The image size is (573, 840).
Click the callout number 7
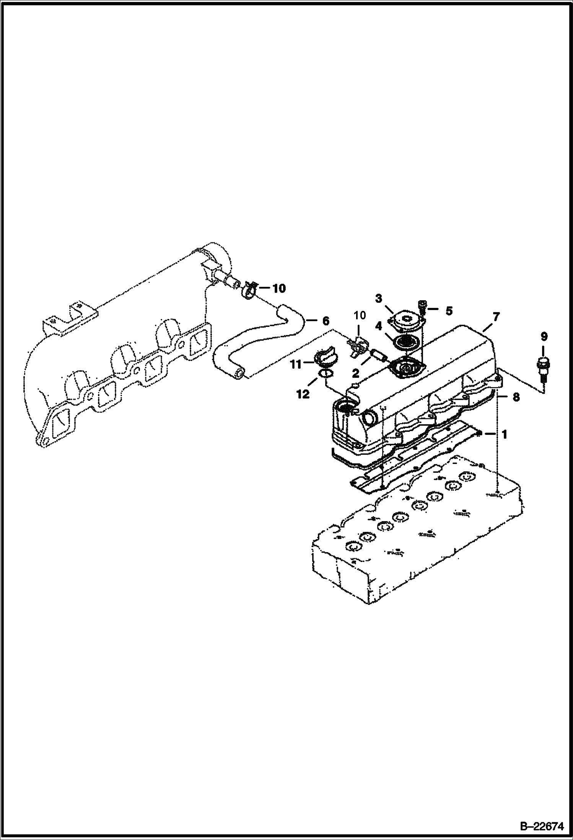click(496, 317)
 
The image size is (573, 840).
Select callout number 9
click(544, 337)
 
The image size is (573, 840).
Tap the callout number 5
click(449, 311)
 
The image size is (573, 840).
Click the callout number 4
click(378, 326)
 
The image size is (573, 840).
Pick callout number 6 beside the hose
click(325, 321)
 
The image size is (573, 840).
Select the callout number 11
click(296, 364)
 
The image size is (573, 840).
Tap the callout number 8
click(516, 397)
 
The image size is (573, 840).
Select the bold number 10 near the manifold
click(279, 288)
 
